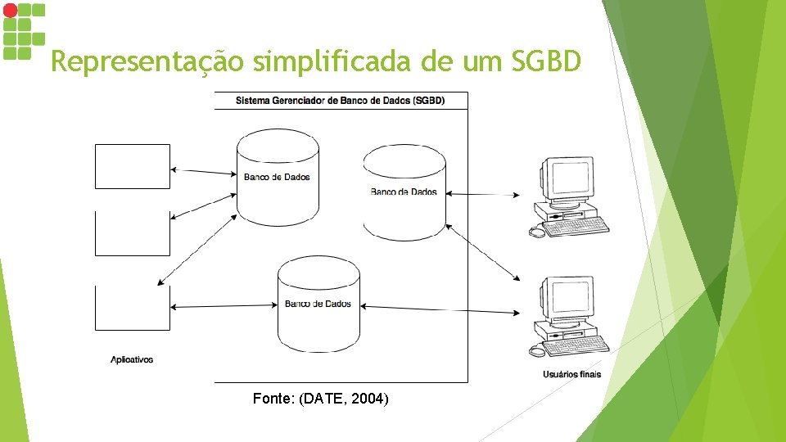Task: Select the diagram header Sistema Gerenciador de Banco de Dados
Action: click(340, 101)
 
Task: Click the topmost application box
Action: click(133, 166)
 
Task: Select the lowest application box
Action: click(133, 308)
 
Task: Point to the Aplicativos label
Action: click(132, 359)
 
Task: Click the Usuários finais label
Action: click(571, 374)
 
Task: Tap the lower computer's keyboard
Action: click(577, 345)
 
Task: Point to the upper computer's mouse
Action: click(536, 232)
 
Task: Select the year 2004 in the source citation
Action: click(369, 399)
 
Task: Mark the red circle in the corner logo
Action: click(9, 10)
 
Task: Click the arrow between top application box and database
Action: click(203, 171)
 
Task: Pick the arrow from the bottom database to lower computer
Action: click(440, 309)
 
